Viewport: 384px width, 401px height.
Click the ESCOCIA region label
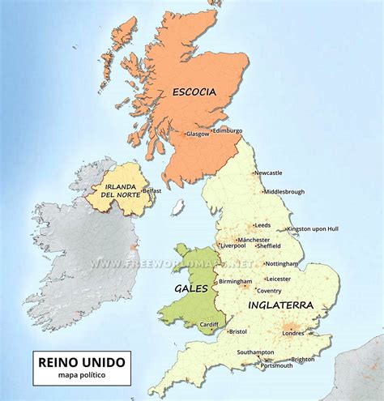(194, 92)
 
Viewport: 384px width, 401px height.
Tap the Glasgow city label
(198, 134)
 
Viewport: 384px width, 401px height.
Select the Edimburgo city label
(228, 130)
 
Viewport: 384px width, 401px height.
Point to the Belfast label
(152, 191)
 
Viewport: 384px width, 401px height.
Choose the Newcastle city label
(268, 173)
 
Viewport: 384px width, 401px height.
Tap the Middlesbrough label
(284, 192)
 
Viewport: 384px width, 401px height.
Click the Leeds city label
(262, 225)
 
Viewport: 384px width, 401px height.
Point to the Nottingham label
(282, 263)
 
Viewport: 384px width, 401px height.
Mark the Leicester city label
(277, 279)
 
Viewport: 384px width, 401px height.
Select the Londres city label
(293, 333)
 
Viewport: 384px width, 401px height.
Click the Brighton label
(303, 359)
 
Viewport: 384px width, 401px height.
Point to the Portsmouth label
(277, 366)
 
